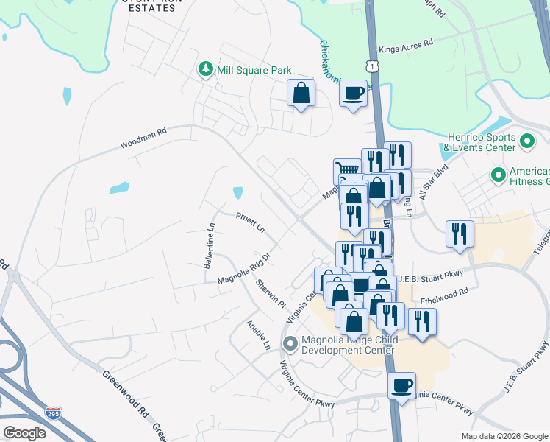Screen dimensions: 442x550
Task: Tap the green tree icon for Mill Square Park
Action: click(x=206, y=69)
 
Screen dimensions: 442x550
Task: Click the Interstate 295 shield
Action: click(x=53, y=413)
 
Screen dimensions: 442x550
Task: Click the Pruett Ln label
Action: click(x=250, y=221)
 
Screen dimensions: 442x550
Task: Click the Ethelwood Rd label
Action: click(x=444, y=296)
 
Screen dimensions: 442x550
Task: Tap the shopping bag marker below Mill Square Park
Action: click(x=301, y=93)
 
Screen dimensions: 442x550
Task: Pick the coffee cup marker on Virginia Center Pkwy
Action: click(x=401, y=386)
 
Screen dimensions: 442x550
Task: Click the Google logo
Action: click(x=24, y=433)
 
